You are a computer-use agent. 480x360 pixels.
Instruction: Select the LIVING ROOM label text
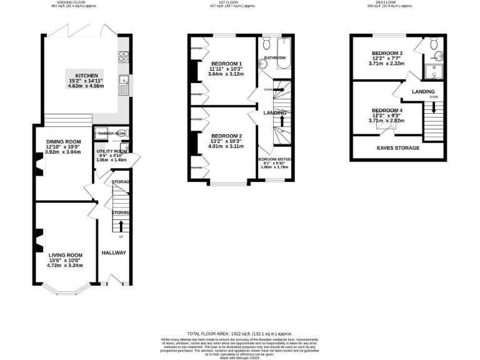coord(66,254)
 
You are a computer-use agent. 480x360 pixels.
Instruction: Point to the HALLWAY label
coord(114,252)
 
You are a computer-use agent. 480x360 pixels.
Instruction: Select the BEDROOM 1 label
coord(226,64)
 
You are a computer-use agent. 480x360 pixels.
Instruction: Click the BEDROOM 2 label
coord(226,136)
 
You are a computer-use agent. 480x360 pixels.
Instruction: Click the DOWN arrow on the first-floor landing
coord(281,90)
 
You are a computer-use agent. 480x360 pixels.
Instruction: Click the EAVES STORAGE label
coord(398,148)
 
